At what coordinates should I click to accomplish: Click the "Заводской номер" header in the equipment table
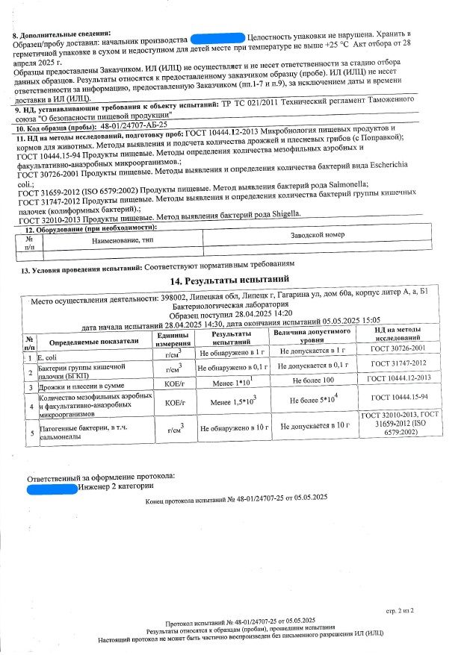pyautogui.click(x=317, y=235)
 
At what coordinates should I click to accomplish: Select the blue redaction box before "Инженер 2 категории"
pyautogui.click(x=51, y=489)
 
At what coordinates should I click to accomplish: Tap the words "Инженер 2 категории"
pyautogui.click(x=111, y=489)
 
